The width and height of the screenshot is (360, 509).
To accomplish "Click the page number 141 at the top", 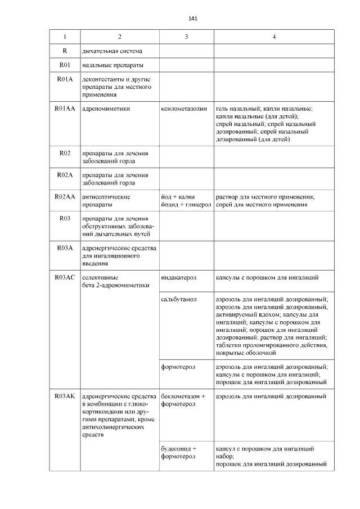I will pos(193,19).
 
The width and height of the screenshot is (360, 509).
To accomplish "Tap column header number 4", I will pos(274,37).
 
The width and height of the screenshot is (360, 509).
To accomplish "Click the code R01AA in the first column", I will pos(64,107).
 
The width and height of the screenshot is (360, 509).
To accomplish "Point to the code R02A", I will pos(64,175).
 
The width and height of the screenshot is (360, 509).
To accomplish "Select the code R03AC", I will pos(64,277).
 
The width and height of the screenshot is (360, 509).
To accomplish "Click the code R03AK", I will pos(64,397).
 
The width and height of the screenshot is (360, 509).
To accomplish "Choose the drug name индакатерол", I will pos(178,277).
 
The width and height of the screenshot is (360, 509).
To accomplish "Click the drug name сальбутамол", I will pos(178,299).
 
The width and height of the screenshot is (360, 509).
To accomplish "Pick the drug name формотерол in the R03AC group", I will pos(178,367).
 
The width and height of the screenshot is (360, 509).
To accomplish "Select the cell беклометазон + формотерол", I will pos(183,400).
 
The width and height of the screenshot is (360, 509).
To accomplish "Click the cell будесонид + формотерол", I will pos(178,452).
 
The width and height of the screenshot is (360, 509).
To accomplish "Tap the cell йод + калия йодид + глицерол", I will pos(186,201).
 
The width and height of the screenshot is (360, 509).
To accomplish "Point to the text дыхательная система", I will pos(108,51).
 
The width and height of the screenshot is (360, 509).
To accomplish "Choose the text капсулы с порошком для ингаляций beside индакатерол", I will pos(267,277).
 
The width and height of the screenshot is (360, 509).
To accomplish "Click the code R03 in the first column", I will pos(64,219).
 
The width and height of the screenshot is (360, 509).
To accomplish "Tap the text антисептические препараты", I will pos(106,201).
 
